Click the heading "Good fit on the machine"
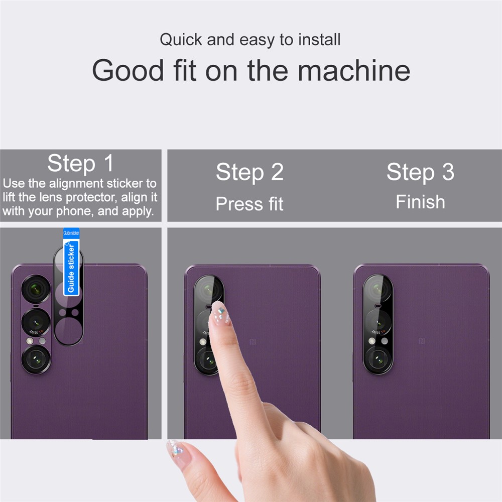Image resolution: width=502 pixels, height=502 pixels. pos(251,70)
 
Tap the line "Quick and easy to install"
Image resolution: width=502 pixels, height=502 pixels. pos(250,40)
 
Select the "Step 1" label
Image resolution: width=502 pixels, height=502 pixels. pos(80,163)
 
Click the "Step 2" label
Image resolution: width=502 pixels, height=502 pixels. pos(249,172)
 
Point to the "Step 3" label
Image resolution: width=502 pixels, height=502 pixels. pos(420,172)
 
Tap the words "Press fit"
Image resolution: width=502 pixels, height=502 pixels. pos(249,204)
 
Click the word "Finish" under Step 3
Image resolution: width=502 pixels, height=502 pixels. pos(420,202)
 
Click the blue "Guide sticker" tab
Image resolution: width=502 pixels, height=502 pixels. pos(71,261)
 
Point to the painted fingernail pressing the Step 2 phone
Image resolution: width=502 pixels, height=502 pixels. pos(220,313)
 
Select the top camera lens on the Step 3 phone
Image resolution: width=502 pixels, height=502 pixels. pos(378,290)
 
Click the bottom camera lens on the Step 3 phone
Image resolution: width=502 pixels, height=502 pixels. pos(378,358)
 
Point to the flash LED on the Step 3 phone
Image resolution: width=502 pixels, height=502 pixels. pos(372,341)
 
